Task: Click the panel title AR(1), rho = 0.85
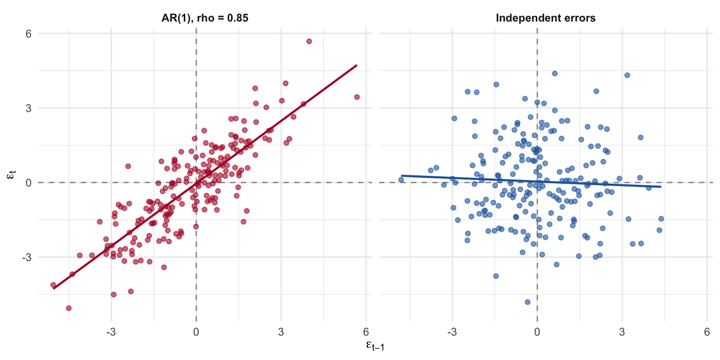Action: click(x=205, y=18)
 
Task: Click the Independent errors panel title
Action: click(x=546, y=18)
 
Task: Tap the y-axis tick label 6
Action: click(x=29, y=33)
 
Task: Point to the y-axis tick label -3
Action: click(x=26, y=257)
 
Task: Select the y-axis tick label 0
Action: click(x=29, y=182)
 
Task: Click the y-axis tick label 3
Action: click(x=29, y=108)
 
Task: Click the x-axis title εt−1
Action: click(x=375, y=346)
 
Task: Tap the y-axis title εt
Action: click(x=11, y=175)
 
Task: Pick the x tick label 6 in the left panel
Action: click(x=366, y=332)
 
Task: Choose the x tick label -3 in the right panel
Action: click(x=452, y=332)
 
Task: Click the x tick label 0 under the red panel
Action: click(x=196, y=332)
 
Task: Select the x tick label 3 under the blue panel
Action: click(x=622, y=332)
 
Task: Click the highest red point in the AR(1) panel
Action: click(x=309, y=41)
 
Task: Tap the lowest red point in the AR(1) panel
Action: click(x=68, y=308)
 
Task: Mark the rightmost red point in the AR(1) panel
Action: click(x=357, y=97)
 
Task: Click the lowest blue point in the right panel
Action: click(x=527, y=302)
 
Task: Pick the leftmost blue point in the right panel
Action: click(x=401, y=180)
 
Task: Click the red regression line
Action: click(x=205, y=177)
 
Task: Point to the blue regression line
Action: click(x=531, y=181)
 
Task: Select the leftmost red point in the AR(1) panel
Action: click(x=53, y=285)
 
